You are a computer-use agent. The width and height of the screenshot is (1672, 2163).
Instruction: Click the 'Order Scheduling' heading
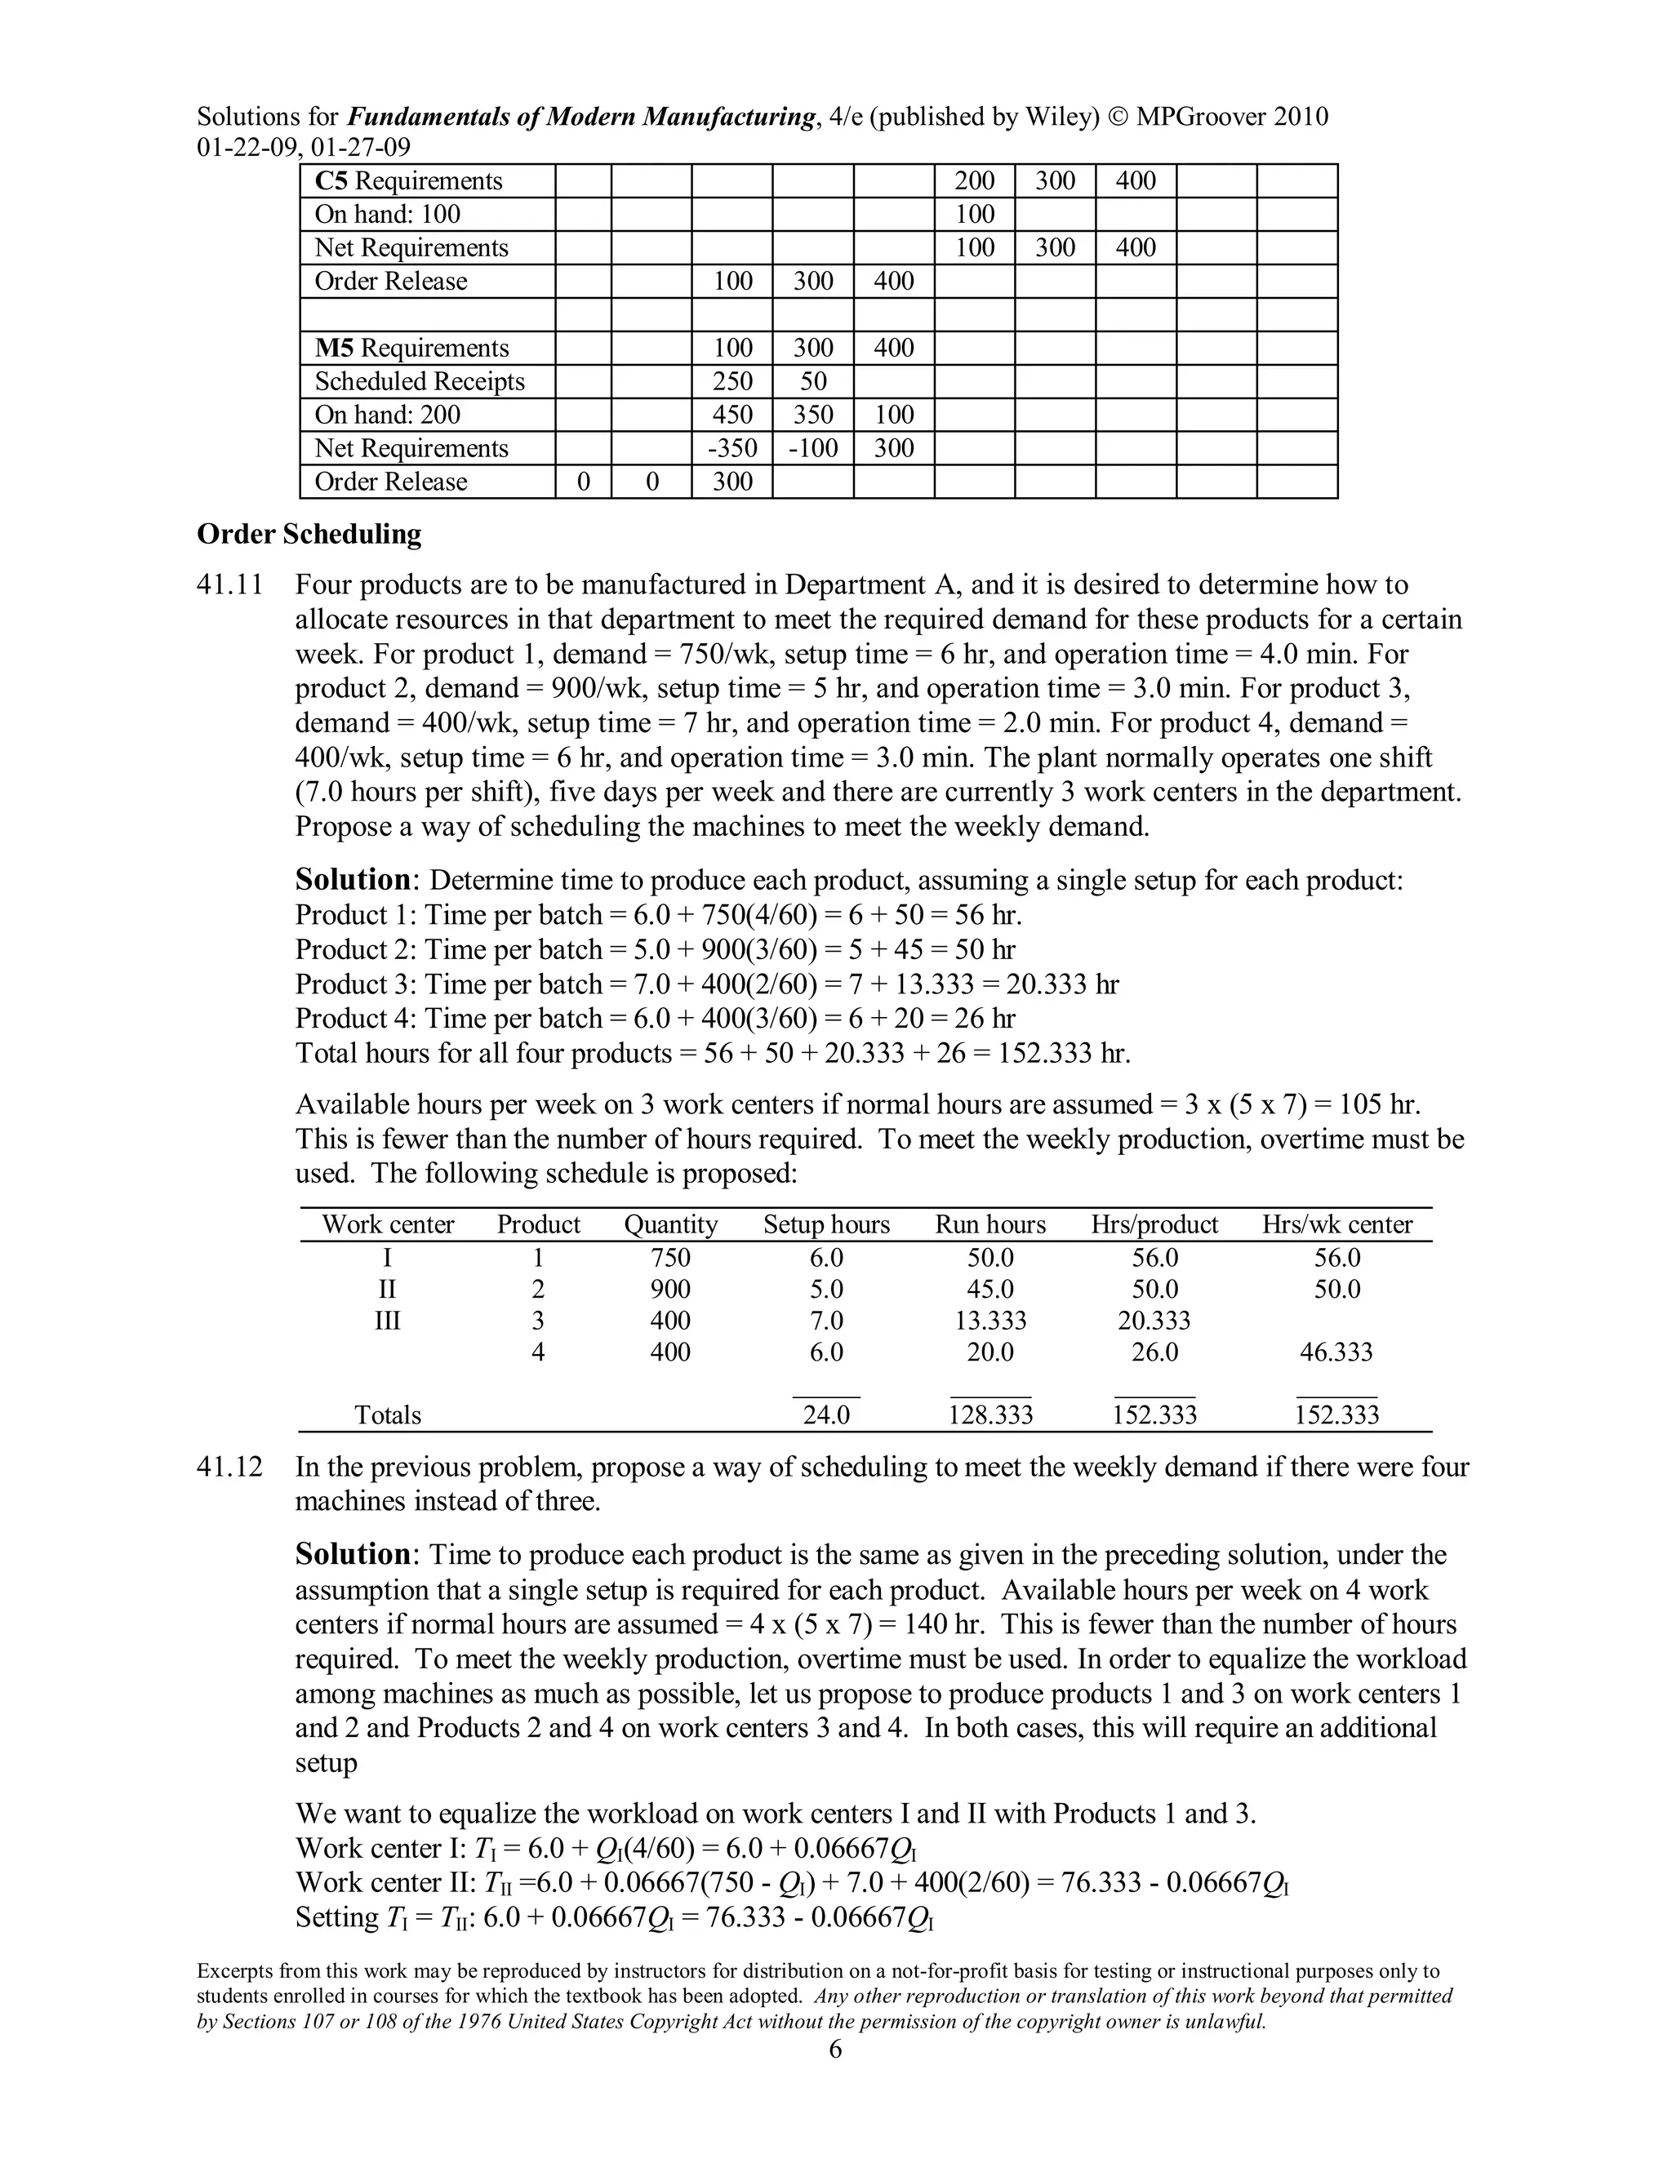(309, 535)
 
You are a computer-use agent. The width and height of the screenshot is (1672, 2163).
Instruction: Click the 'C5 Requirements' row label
(408, 181)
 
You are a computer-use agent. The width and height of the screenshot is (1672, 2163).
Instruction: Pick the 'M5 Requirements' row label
(411, 349)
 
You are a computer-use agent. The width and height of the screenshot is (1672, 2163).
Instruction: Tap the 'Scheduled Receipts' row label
(419, 381)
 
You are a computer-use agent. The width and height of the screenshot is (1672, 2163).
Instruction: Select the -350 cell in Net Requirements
(732, 449)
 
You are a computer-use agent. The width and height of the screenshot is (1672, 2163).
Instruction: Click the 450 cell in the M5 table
(732, 415)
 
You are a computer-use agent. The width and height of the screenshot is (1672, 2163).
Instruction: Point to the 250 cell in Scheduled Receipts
(732, 381)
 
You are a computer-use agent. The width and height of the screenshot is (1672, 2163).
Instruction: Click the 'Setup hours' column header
(826, 1225)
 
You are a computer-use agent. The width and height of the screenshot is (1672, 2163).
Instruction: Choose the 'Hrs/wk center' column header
(1336, 1225)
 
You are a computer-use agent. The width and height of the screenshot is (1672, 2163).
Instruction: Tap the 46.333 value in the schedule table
(1336, 1352)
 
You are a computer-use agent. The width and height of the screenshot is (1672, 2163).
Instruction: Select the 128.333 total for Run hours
(990, 1415)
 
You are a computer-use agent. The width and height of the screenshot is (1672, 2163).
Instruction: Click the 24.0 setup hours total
(826, 1415)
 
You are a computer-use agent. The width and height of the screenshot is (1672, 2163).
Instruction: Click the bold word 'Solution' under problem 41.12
(353, 1555)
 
